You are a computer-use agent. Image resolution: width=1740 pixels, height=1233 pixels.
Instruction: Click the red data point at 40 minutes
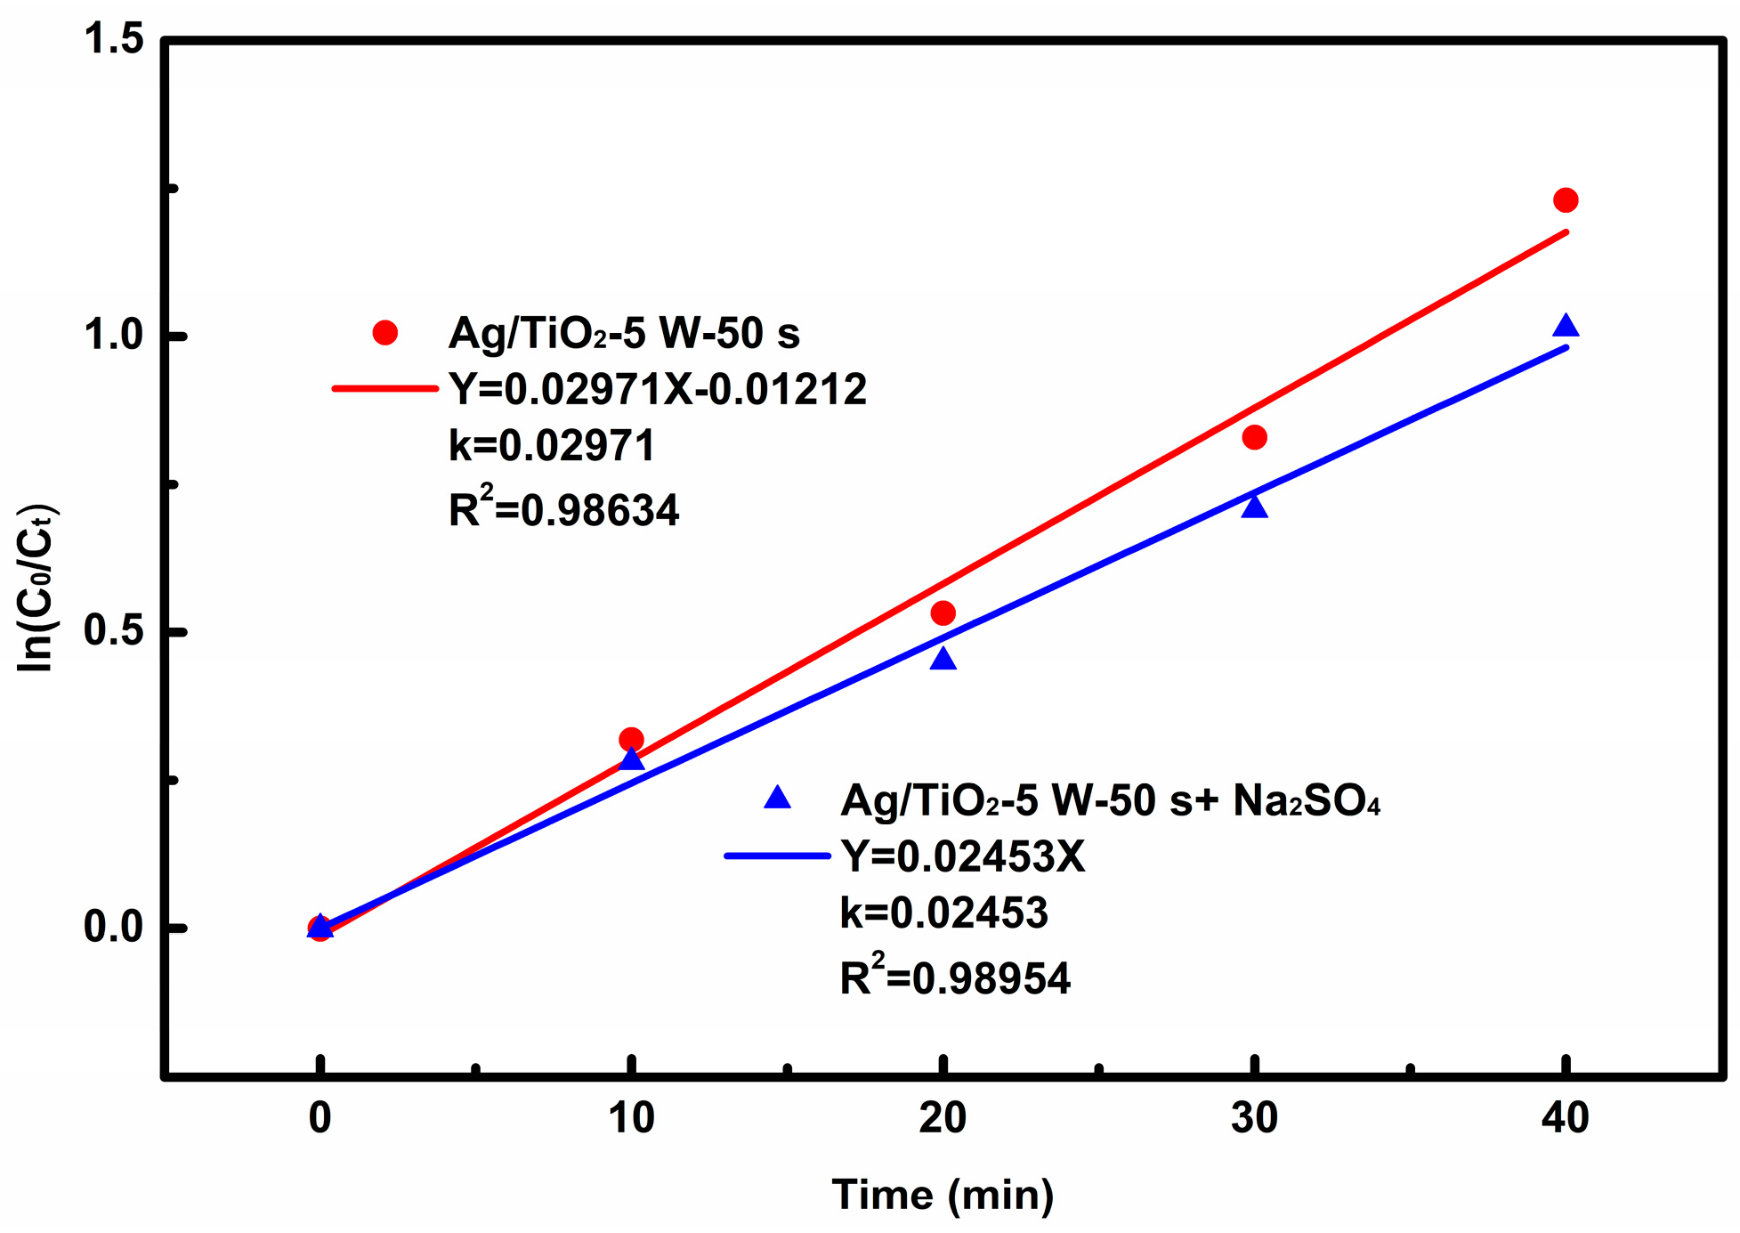point(1566,200)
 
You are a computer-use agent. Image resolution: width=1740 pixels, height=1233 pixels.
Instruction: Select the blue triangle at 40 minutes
point(1566,327)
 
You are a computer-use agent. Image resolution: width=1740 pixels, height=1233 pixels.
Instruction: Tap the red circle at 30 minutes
point(1254,437)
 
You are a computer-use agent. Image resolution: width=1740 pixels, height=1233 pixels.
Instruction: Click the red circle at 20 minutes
point(943,612)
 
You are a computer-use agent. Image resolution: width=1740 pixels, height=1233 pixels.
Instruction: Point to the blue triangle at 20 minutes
point(943,660)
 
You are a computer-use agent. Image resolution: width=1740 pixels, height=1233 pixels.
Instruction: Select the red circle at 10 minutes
point(631,739)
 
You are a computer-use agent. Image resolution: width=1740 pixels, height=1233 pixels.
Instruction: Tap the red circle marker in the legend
point(384,333)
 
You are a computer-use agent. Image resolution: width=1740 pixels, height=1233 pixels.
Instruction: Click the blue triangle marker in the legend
point(778,798)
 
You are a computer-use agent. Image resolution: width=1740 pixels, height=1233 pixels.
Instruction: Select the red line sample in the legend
point(384,389)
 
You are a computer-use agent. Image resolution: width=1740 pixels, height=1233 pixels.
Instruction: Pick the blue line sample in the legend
point(778,856)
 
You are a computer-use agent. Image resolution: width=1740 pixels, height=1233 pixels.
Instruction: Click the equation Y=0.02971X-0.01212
point(657,390)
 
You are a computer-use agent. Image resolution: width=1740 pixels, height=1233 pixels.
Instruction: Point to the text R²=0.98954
point(954,977)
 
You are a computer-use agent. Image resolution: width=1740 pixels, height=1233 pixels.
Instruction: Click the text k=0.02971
point(552,445)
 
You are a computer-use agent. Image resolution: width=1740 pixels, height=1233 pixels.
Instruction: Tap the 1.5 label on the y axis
point(113,40)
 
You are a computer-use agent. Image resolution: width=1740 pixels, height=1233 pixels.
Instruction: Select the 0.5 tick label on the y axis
point(113,630)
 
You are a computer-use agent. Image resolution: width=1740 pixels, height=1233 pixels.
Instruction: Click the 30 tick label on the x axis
point(1254,1118)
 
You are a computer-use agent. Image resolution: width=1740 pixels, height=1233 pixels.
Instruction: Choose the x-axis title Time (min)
point(943,1195)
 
